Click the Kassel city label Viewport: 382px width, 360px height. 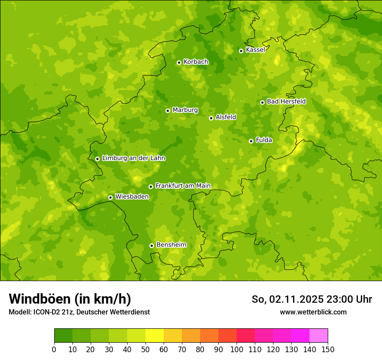click(255, 50)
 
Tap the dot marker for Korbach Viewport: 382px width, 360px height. click(179, 62)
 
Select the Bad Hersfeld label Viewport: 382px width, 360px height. click(286, 101)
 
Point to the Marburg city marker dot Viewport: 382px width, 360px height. click(168, 111)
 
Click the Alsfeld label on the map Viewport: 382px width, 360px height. click(226, 117)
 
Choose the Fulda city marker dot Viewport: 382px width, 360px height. click(251, 141)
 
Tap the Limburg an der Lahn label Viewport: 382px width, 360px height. click(133, 158)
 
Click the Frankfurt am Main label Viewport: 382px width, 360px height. click(183, 186)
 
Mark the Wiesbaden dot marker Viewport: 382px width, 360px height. click(110, 197)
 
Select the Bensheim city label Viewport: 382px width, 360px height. click(171, 245)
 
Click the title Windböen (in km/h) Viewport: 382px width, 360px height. click(70, 299)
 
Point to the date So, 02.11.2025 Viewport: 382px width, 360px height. click(287, 299)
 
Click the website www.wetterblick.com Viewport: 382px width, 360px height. click(313, 312)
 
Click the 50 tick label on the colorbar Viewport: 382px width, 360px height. click(145, 349)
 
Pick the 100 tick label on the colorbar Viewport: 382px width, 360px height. click(237, 349)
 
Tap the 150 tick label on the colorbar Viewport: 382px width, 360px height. click(328, 349)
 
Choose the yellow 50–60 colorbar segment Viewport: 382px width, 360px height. click(155, 335)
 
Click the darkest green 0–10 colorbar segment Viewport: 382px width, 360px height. click(63, 335)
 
